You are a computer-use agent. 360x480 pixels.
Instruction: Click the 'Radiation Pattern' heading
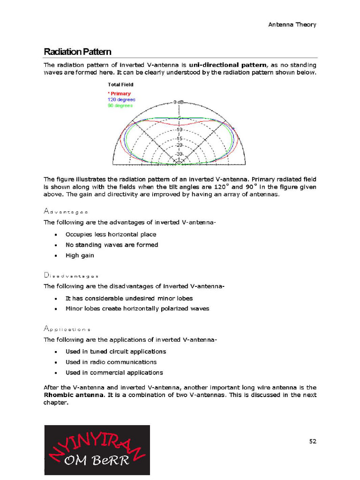(77, 52)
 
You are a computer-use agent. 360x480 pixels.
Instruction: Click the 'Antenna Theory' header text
(292, 24)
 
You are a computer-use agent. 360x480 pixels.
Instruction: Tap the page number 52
(313, 441)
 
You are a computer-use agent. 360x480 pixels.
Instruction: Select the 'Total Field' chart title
(120, 85)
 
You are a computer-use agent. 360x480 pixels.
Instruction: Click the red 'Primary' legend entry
(120, 94)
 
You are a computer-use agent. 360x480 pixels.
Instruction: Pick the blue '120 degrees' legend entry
(121, 100)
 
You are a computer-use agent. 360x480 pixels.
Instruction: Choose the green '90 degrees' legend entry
(120, 105)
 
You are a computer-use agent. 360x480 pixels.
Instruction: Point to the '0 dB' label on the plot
(179, 102)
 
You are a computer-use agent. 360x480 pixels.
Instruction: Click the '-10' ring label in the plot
(179, 129)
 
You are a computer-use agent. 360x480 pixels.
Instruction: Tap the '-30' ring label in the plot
(179, 154)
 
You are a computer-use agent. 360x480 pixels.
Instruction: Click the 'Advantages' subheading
(66, 212)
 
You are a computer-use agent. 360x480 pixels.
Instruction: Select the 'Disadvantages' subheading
(71, 276)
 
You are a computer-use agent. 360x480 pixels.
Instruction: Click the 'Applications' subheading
(67, 329)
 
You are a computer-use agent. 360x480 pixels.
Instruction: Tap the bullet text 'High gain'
(80, 255)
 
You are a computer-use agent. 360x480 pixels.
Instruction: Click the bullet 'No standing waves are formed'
(112, 245)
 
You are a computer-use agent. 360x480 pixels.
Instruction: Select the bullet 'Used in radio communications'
(111, 362)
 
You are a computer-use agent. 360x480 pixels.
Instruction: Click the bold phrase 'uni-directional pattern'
(228, 65)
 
